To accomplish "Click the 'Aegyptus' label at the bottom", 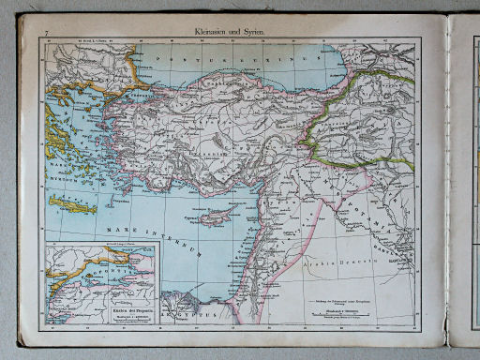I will pyautogui.click(x=189, y=306).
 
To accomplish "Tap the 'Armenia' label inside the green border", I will pyautogui.click(x=375, y=122).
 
